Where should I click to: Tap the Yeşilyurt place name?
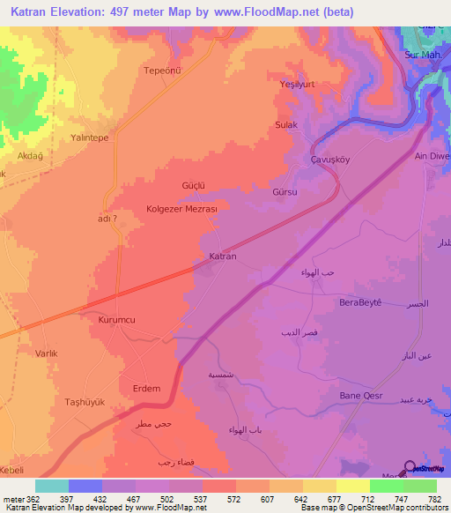pos(291,99)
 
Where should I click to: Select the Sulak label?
pos(286,125)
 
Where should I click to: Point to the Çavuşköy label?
pos(331,160)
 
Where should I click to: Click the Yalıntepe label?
pos(88,138)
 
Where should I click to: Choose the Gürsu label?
pos(286,191)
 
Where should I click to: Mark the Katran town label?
pos(222,256)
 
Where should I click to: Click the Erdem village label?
pos(146,389)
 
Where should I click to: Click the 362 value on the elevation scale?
pos(26,498)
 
